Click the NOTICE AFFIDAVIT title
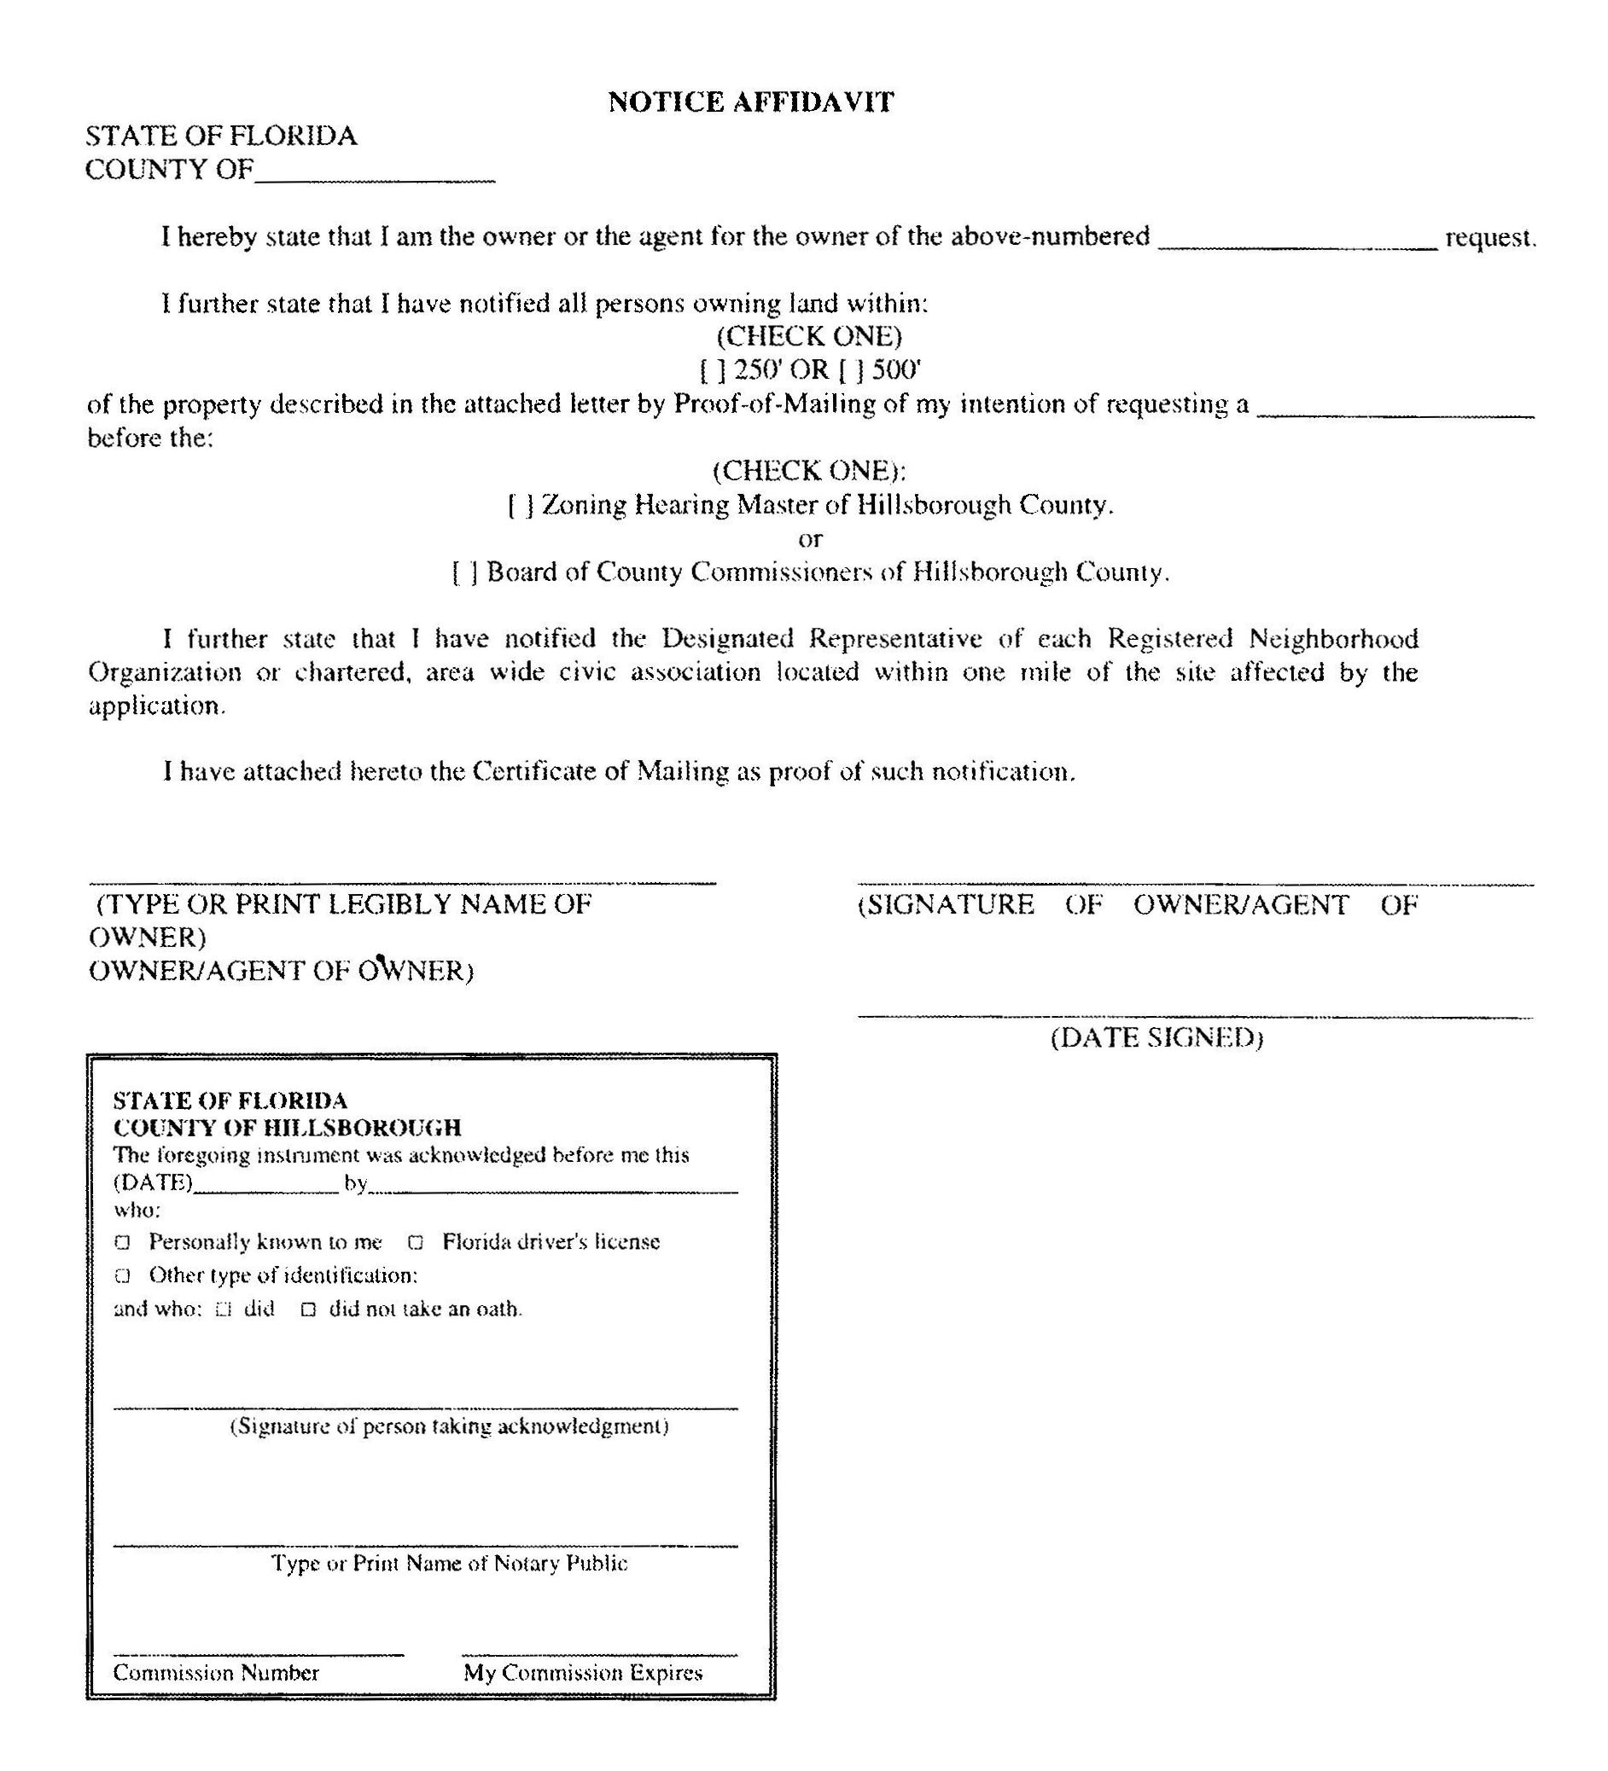pos(750,102)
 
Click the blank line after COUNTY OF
pos(376,173)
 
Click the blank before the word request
pos(1297,241)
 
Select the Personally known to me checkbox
pos(123,1242)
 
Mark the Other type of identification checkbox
pos(123,1275)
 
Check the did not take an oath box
pos(307,1309)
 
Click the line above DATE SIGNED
pos(1195,1015)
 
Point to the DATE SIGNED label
pos(1156,1038)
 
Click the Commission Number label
pos(216,1673)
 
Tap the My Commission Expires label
pos(584,1673)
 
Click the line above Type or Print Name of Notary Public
pos(425,1544)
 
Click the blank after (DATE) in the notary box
pos(265,1187)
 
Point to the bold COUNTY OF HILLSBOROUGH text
pos(288,1127)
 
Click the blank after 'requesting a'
pos(1395,409)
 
